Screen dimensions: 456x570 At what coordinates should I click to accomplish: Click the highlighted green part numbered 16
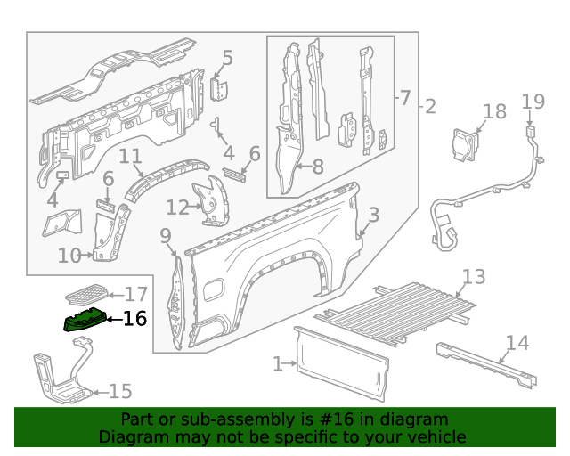point(83,318)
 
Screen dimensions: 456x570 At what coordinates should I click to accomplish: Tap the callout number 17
point(135,294)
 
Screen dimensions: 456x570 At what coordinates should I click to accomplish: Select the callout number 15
point(119,390)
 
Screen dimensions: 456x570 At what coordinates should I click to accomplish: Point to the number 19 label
point(533,101)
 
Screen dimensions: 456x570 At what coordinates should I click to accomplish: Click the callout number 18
point(494,111)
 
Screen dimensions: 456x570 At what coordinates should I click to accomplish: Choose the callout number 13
point(474,276)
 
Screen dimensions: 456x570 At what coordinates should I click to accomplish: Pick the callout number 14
point(517,342)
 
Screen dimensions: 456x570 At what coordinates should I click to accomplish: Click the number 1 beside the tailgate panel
point(278,363)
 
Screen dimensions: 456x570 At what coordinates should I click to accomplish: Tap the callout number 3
point(373,215)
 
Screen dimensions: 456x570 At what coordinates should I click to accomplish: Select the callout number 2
point(430,107)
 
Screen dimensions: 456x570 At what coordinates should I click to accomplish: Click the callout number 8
point(317,165)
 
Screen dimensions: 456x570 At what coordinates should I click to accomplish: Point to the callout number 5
point(227,59)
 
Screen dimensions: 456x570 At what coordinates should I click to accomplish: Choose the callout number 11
point(130,157)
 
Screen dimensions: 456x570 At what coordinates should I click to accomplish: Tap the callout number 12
point(177,208)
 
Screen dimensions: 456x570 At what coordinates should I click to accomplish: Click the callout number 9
point(165,235)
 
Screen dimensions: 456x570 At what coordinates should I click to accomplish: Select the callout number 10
point(69,256)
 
